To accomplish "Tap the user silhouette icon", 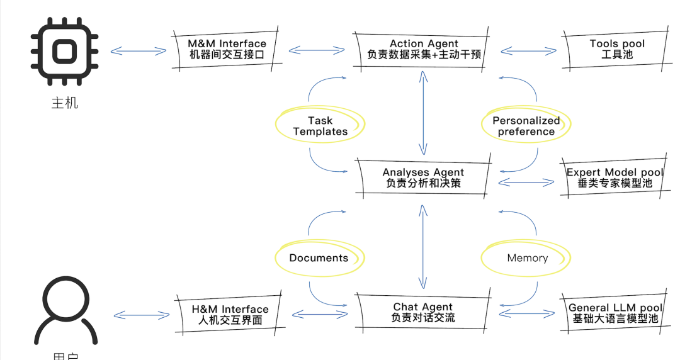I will coord(65,312).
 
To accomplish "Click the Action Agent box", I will coord(424,49).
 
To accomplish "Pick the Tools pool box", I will coord(616,49).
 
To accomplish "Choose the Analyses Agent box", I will coord(423,177).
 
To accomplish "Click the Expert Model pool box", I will coord(615,177).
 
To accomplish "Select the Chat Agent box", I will coord(422,312).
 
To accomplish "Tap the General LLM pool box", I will coord(615,313).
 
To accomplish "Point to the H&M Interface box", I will coord(230,314).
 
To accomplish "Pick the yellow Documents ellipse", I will coord(319,257).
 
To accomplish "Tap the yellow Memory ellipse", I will coord(527,257).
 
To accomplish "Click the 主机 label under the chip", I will coord(64,103).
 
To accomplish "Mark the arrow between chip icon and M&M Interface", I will coord(138,51).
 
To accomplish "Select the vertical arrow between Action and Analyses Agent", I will coord(423,112).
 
